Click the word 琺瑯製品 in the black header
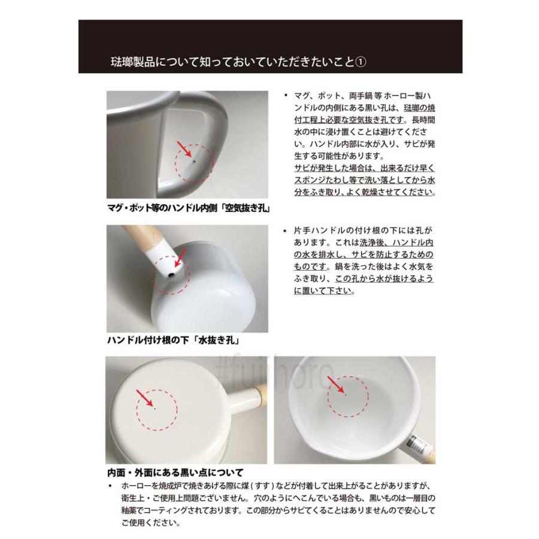[x=133, y=62]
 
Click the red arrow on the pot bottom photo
[x=144, y=397]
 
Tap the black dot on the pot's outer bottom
[x=155, y=409]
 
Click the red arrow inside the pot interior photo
[x=337, y=384]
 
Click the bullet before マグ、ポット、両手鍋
[x=286, y=95]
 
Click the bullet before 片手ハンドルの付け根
[x=286, y=230]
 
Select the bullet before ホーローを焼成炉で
[x=110, y=485]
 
